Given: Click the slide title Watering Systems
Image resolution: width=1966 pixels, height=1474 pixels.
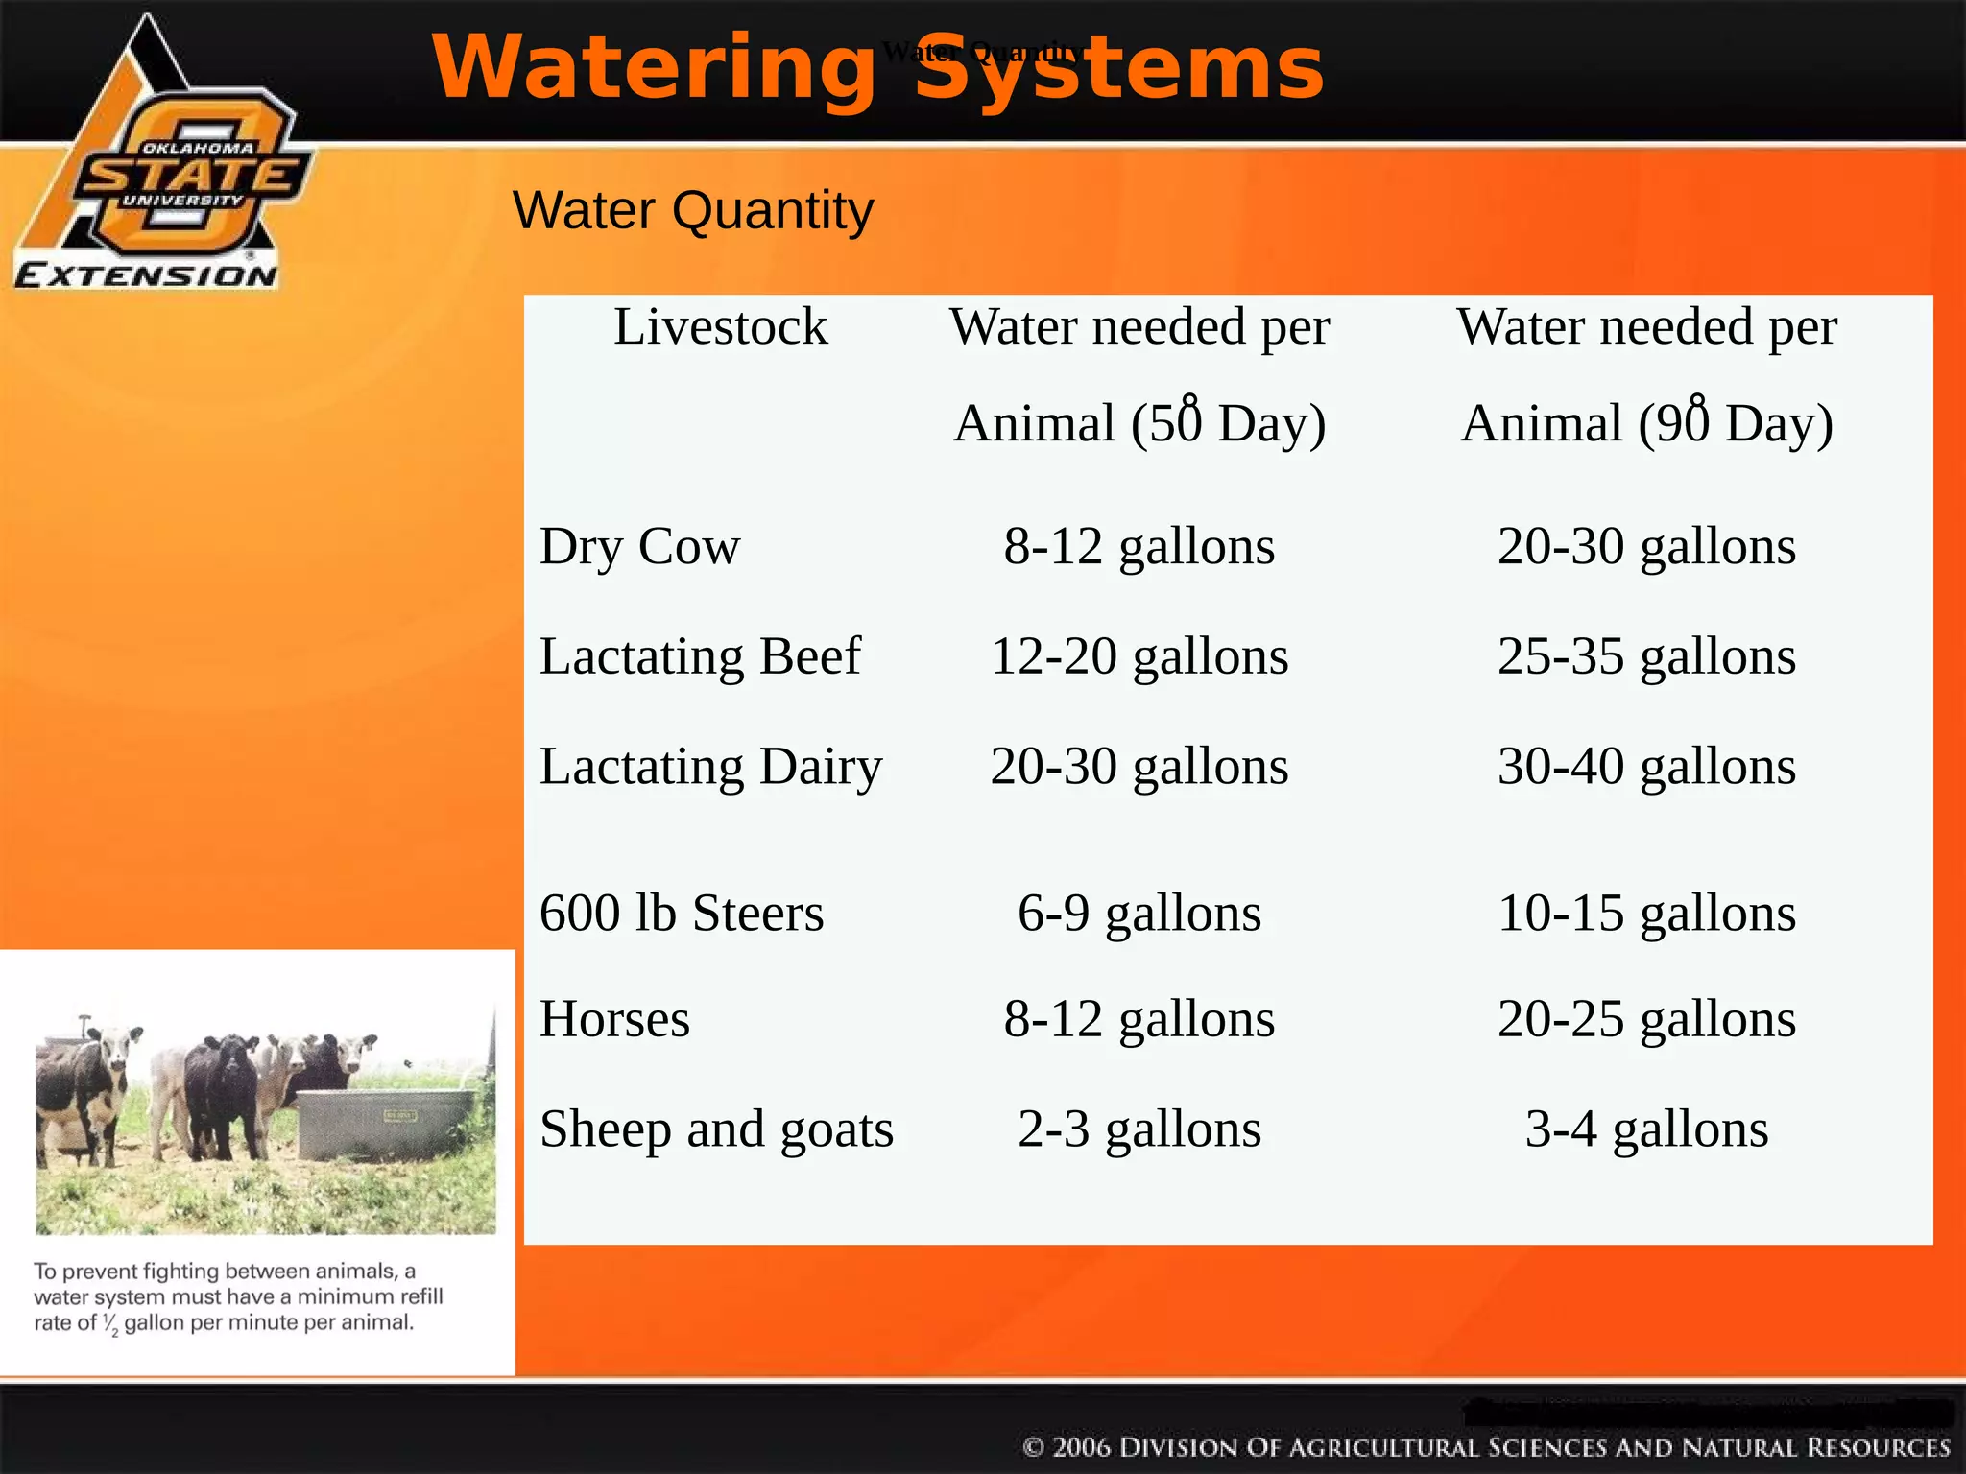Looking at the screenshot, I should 877,67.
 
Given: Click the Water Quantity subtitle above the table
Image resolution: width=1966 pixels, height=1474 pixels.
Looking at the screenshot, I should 692,210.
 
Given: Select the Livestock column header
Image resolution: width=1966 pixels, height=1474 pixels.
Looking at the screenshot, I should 720,327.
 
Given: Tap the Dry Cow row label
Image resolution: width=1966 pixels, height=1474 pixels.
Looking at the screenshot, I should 639,547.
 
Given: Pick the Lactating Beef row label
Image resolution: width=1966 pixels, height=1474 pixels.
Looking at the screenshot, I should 700,657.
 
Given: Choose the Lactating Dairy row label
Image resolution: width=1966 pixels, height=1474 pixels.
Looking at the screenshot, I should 710,767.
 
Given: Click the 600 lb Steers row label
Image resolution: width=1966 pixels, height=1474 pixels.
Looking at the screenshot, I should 681,913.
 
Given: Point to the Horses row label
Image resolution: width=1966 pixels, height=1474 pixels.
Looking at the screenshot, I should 614,1019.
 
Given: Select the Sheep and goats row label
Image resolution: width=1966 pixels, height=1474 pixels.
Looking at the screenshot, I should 716,1129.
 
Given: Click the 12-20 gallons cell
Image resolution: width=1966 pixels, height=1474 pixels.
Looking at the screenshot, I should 1139,657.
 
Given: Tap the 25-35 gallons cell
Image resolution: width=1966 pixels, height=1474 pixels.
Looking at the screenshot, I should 1646,657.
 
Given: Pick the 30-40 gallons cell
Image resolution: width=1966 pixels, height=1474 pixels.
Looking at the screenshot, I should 1646,767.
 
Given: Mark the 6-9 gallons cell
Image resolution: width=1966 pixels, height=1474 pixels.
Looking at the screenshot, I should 1139,913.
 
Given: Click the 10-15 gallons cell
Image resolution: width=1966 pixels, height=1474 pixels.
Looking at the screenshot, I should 1646,913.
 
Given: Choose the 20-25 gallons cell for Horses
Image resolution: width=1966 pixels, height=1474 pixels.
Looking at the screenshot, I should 1646,1019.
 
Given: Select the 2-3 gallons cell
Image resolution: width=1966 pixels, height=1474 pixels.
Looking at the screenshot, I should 1139,1129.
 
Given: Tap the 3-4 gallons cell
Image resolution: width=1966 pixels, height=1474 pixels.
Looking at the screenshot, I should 1646,1129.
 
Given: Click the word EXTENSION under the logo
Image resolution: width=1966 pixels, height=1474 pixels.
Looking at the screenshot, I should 146,276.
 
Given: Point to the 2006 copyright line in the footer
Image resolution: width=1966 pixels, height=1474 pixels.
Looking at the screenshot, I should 1486,1447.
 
